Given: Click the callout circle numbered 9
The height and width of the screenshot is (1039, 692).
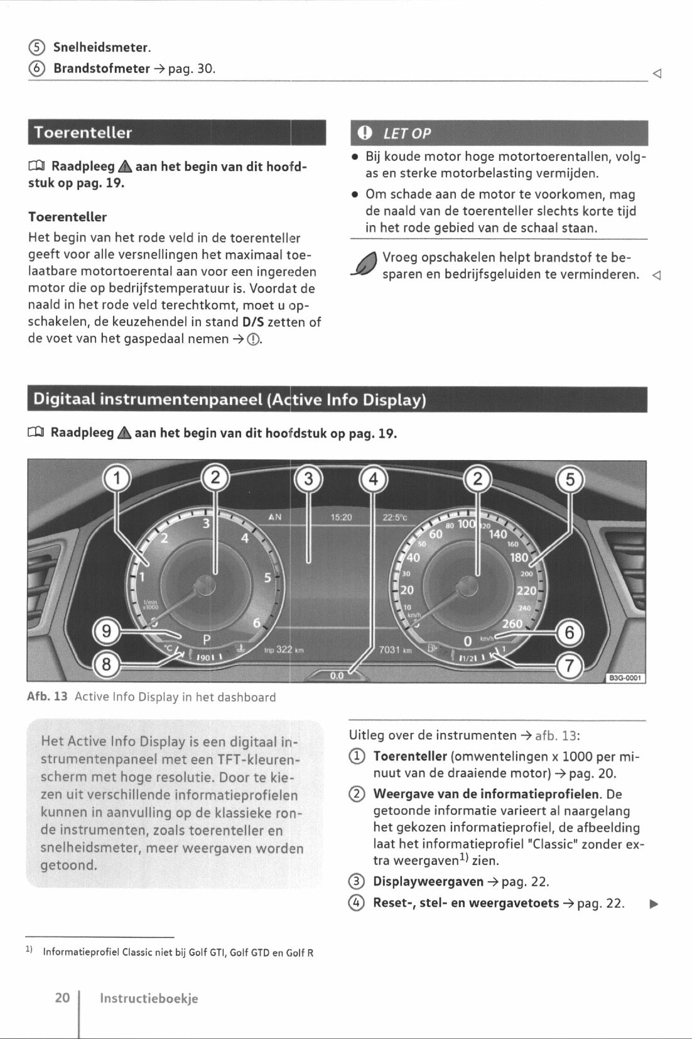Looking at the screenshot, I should click(x=107, y=630).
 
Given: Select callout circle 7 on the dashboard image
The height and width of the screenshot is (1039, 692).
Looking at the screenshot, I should click(x=570, y=666).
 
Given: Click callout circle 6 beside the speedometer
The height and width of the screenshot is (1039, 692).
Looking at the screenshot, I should click(x=570, y=632).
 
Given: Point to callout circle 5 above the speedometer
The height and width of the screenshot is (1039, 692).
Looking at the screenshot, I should click(x=570, y=480).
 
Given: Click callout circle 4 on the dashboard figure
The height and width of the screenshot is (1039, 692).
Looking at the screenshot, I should click(x=374, y=480).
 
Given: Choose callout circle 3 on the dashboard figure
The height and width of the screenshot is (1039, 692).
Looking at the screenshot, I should click(x=308, y=480).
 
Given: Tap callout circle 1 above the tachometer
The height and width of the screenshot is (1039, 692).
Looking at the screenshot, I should click(x=116, y=479).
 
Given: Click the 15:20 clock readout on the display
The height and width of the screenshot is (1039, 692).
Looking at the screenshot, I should click(x=341, y=517).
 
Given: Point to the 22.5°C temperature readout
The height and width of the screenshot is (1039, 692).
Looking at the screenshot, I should click(x=395, y=517).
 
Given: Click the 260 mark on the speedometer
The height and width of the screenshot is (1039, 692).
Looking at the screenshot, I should click(x=512, y=624).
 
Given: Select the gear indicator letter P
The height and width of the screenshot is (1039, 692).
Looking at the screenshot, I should click(x=206, y=640).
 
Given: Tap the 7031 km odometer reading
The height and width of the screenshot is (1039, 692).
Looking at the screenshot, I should click(x=395, y=649).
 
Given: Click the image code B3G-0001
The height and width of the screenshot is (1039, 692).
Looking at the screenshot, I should click(x=625, y=678).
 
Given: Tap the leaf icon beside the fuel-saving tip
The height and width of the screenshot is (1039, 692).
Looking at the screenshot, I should click(x=364, y=264).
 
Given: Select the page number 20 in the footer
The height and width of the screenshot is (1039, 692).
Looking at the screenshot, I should click(x=62, y=998).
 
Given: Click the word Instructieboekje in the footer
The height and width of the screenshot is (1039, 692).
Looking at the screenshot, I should click(x=149, y=998).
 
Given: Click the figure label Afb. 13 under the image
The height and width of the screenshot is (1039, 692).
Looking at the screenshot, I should click(x=47, y=697).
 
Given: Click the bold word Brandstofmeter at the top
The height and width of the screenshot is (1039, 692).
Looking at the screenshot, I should click(x=102, y=68).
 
